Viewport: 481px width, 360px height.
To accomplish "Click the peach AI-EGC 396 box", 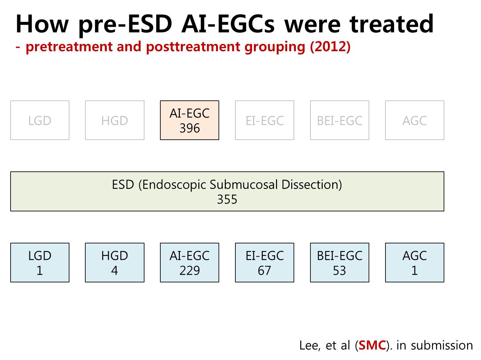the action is (x=189, y=120).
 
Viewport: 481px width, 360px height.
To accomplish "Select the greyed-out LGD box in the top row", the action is (x=40, y=120).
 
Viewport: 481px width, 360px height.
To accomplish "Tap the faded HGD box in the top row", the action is (x=115, y=120).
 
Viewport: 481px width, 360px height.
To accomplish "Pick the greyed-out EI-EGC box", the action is (x=264, y=120).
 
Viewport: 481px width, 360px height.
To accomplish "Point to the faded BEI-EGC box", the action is (x=340, y=120).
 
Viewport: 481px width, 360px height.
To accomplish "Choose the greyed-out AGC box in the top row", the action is (x=415, y=120).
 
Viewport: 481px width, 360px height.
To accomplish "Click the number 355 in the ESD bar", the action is (x=227, y=199).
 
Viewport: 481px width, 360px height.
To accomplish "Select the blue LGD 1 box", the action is (x=40, y=263).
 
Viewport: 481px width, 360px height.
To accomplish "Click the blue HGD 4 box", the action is (x=115, y=263).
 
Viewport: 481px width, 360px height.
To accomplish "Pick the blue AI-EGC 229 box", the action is (x=189, y=263).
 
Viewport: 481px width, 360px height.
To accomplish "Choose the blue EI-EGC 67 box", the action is (x=264, y=263).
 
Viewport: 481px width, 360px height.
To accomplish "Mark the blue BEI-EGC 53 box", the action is (x=340, y=263).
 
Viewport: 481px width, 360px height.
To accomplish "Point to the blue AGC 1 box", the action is (x=415, y=263).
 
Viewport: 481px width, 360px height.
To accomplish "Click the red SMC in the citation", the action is (x=372, y=345).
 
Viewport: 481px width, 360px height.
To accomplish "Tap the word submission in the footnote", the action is (x=442, y=345).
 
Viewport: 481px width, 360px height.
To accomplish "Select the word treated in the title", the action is (x=391, y=24).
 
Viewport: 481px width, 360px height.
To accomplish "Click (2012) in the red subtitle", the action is (x=330, y=47).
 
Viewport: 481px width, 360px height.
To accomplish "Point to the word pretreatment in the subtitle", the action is (x=69, y=47).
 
